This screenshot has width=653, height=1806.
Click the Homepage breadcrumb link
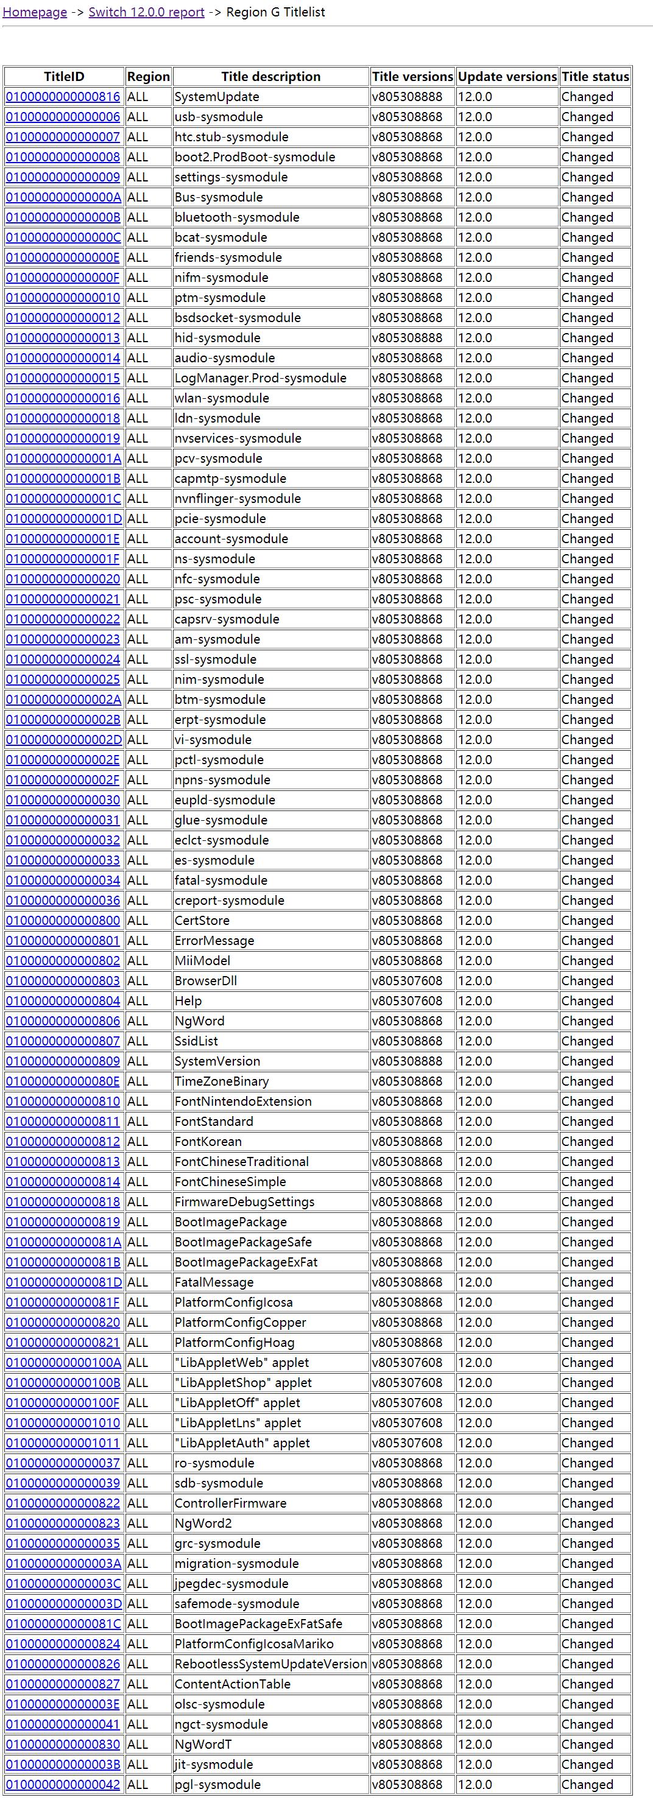[35, 13]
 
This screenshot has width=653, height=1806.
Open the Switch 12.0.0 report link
[147, 13]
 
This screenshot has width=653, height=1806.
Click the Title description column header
[270, 77]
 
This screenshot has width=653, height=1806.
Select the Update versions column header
[507, 77]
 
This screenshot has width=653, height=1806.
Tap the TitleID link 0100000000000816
[63, 97]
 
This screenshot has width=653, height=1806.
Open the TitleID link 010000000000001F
[63, 559]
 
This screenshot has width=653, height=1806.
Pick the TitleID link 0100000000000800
[63, 921]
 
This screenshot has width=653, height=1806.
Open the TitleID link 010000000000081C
[63, 1624]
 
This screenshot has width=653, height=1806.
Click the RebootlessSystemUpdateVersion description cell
[270, 1664]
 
